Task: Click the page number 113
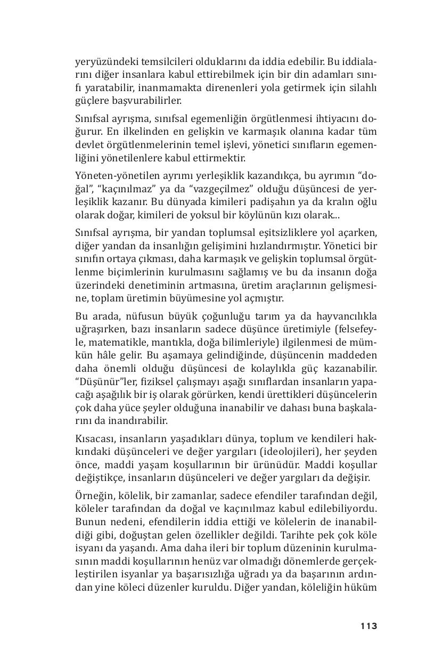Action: coord(368,626)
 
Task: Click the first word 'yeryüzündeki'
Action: coord(102,61)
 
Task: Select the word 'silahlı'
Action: coord(362,87)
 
